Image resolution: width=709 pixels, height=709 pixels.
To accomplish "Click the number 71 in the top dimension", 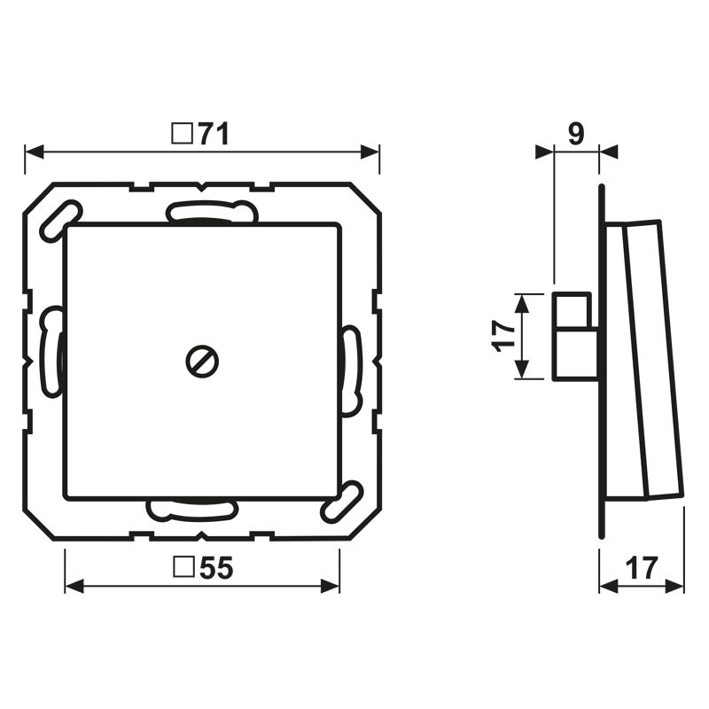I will [213, 134].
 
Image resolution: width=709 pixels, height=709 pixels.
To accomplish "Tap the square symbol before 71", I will [181, 134].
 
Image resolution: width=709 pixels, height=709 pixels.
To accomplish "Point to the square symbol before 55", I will [183, 570].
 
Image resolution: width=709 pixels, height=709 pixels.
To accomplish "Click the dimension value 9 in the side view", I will [575, 134].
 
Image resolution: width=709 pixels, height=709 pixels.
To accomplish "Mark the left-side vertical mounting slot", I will [52, 351].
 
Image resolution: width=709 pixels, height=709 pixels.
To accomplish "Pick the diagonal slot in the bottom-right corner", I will [343, 502].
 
